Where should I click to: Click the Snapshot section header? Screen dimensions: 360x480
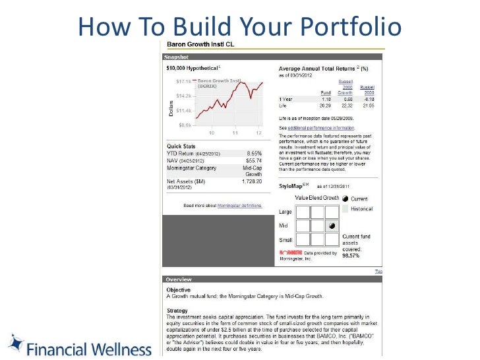click(x=177, y=57)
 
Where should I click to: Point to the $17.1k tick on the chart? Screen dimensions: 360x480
click(x=183, y=81)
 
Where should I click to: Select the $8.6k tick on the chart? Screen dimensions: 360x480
click(x=184, y=125)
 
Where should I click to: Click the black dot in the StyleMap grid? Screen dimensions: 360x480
click(x=332, y=225)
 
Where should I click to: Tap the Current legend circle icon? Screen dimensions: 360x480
click(x=345, y=198)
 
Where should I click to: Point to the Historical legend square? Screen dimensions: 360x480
click(x=345, y=209)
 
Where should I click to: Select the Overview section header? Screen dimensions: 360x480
click(x=178, y=280)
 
